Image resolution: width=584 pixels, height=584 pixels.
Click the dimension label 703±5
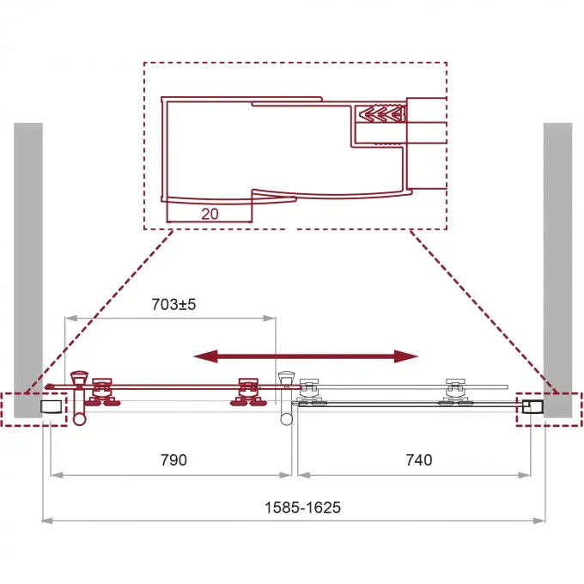(173, 305)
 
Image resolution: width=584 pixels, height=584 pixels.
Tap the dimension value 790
(173, 460)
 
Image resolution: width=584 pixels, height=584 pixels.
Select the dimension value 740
(419, 460)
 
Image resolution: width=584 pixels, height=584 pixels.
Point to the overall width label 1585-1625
(302, 508)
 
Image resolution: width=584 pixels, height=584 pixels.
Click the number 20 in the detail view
(210, 214)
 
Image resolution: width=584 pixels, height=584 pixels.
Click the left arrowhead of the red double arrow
(205, 356)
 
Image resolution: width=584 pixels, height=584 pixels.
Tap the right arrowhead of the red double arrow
(406, 356)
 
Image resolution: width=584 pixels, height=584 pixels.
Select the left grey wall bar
(28, 270)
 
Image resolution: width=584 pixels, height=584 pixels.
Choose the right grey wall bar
(557, 270)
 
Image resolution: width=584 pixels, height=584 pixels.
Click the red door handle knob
(79, 377)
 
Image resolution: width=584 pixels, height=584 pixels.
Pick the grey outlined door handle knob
(286, 378)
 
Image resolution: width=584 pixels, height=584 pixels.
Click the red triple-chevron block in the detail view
(380, 113)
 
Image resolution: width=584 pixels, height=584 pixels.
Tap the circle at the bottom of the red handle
(79, 419)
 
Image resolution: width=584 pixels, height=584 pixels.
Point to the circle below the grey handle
(286, 419)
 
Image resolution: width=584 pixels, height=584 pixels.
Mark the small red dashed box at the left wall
(33, 410)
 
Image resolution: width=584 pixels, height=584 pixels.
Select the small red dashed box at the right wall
(549, 410)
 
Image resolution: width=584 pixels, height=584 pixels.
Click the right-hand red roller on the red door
(248, 392)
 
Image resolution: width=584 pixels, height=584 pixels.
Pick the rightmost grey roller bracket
(455, 392)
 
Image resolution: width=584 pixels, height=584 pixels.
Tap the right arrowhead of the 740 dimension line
(525, 475)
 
